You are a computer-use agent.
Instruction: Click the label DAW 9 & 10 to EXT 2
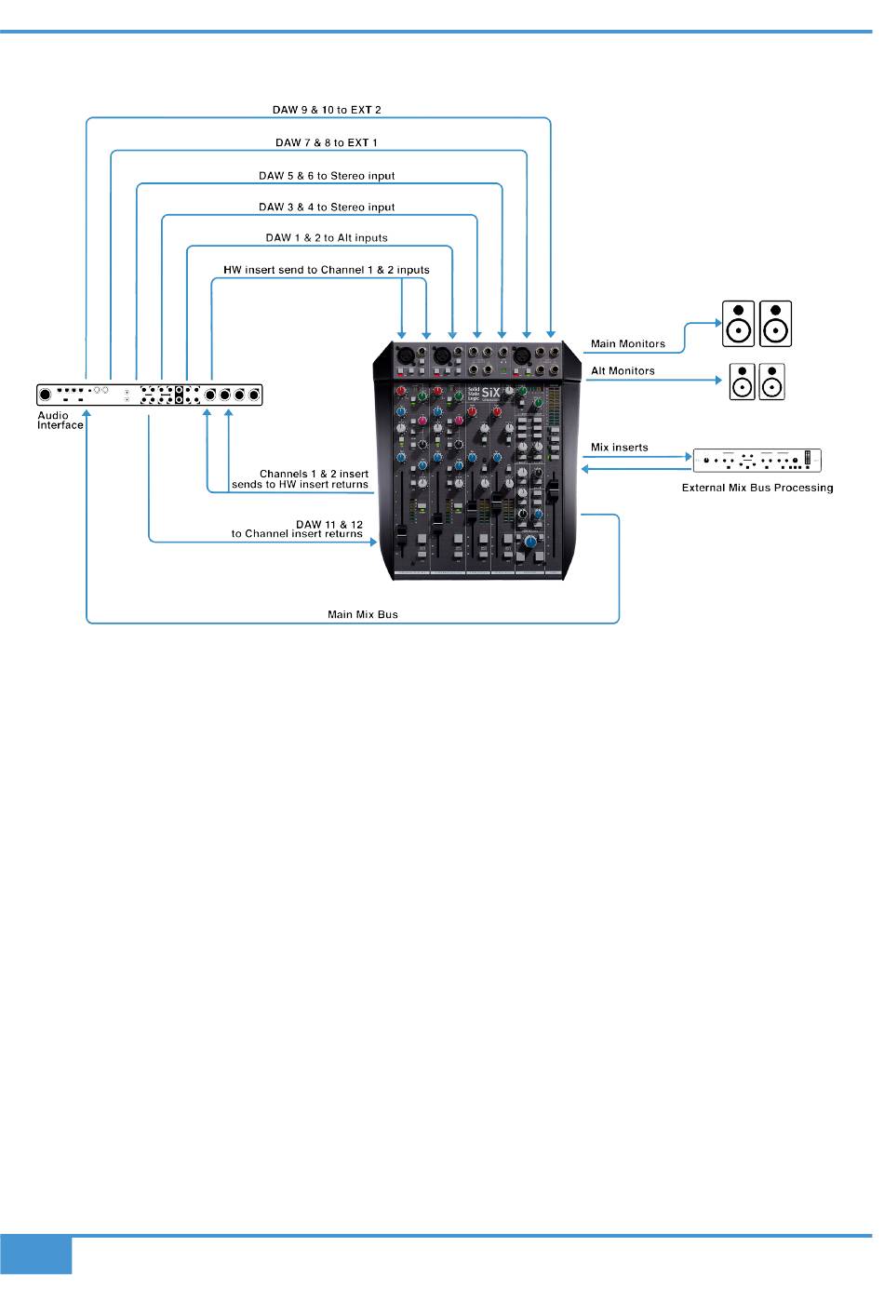(327, 110)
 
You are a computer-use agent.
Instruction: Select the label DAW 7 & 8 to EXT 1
(327, 142)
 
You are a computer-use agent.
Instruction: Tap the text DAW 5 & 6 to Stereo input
(327, 176)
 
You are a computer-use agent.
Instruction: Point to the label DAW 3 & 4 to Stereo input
(327, 208)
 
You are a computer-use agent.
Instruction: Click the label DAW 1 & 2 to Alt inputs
(327, 238)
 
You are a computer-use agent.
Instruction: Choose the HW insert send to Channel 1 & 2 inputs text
(327, 270)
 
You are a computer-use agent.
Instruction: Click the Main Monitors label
(628, 344)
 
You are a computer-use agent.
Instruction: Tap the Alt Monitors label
(623, 371)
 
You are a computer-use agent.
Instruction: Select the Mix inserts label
(619, 448)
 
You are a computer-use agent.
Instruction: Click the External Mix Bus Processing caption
(757, 488)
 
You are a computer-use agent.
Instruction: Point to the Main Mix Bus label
(363, 614)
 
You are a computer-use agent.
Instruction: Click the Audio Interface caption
(60, 421)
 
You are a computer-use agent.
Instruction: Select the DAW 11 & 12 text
(329, 525)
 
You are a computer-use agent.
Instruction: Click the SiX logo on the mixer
(490, 393)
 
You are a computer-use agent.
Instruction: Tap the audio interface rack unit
(149, 395)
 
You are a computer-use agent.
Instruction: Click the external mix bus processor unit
(757, 461)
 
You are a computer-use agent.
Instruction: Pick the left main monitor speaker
(739, 323)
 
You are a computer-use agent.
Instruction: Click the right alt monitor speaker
(772, 382)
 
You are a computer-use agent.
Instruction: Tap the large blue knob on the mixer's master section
(530, 542)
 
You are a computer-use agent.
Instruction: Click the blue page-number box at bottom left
(35, 1254)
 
